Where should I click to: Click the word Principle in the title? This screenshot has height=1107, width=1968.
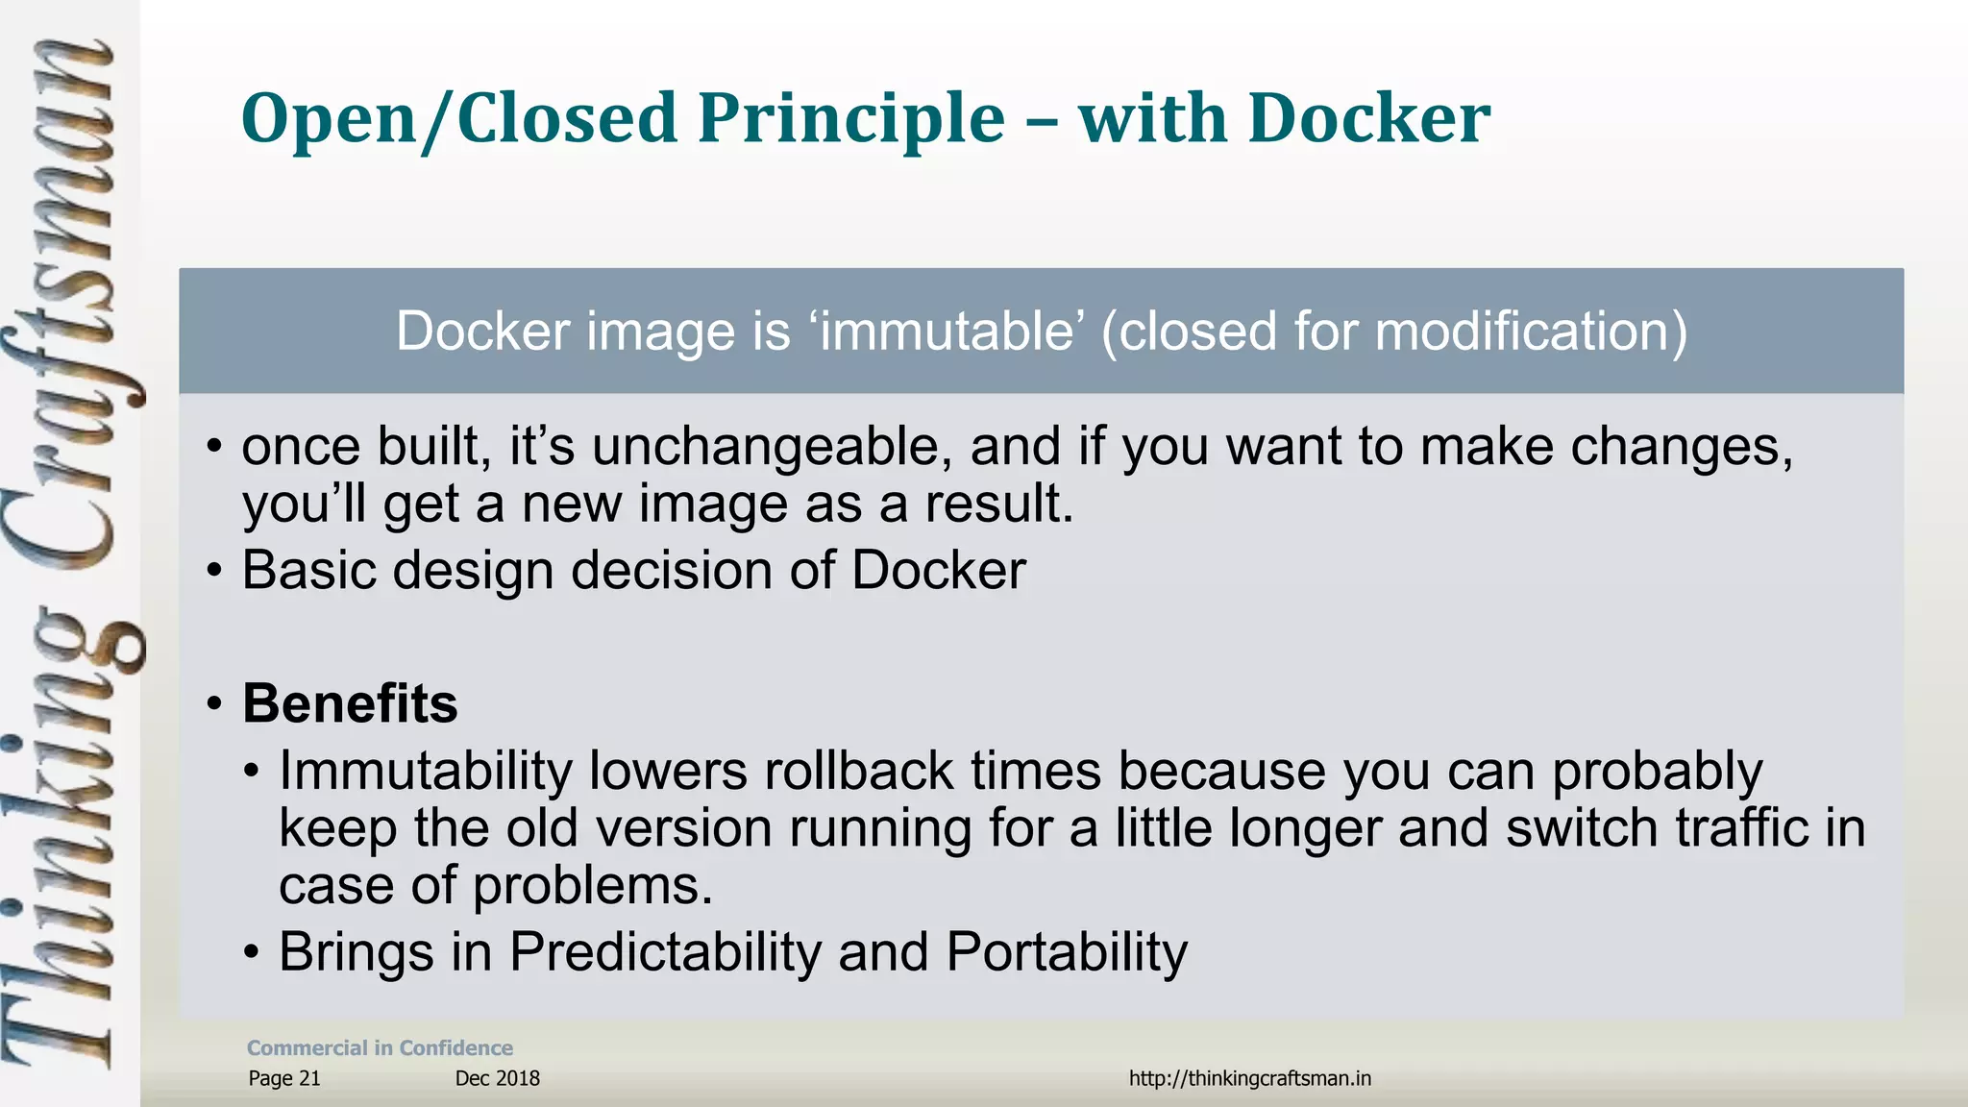pyautogui.click(x=851, y=119)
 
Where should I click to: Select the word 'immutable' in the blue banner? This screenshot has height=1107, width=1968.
pyautogui.click(x=947, y=332)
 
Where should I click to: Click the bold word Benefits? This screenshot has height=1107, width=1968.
pyautogui.click(x=350, y=703)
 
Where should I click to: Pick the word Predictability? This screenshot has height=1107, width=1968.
pyautogui.click(x=665, y=952)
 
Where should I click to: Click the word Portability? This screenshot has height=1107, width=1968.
pyautogui.click(x=1067, y=952)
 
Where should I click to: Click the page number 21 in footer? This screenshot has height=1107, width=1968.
pyautogui.click(x=309, y=1078)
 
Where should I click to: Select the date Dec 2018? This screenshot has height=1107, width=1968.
pyautogui.click(x=497, y=1078)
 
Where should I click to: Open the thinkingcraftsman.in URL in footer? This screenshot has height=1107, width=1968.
pyautogui.click(x=1249, y=1078)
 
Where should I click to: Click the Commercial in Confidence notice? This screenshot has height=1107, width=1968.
pyautogui.click(x=380, y=1048)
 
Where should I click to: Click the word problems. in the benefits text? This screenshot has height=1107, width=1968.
pyautogui.click(x=593, y=885)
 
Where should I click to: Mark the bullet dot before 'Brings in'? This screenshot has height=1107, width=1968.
pyautogui.click(x=251, y=953)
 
